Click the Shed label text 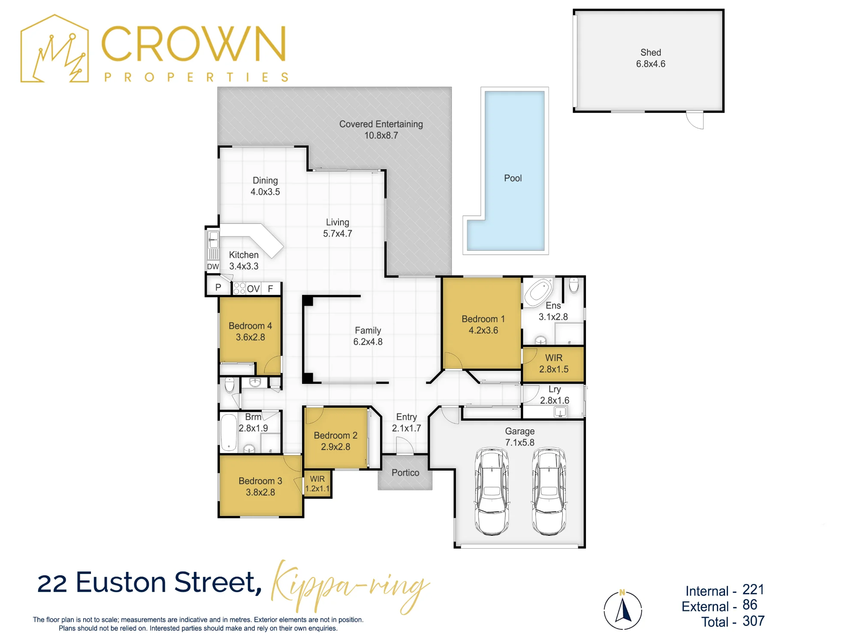coord(650,52)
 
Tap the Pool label coord(513,178)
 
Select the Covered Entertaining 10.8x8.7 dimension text coord(381,136)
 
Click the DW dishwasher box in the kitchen coord(213,266)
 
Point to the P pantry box coord(218,287)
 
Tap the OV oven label coord(253,289)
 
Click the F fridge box coord(271,289)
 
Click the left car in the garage coord(492,491)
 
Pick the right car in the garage coord(549,491)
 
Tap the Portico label coord(405,473)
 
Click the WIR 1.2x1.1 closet coord(317,483)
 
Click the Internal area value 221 coord(753,589)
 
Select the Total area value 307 coord(754,621)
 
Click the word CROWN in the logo coord(193,43)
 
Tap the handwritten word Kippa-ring coord(350,586)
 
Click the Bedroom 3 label coord(260,481)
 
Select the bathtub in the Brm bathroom coord(229,432)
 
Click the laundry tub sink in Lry coord(560,413)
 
